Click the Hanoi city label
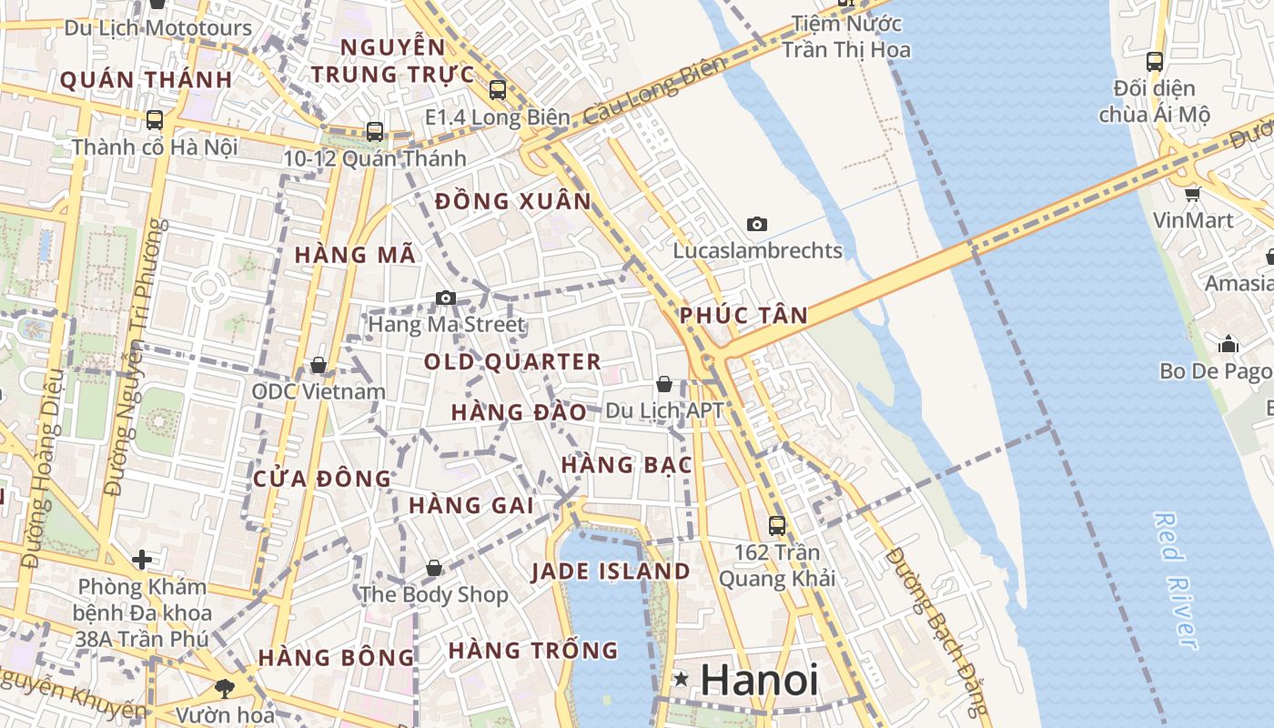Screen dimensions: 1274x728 tap(759, 680)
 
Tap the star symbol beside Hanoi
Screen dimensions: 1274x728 tap(681, 679)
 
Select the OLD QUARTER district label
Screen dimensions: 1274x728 tap(512, 361)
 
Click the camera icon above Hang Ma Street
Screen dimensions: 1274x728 tap(445, 298)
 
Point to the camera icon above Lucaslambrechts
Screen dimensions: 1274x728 tap(756, 224)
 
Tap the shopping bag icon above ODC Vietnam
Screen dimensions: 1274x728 tap(318, 365)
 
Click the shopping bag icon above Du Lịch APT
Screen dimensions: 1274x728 tap(664, 384)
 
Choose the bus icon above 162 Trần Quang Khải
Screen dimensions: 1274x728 tap(776, 525)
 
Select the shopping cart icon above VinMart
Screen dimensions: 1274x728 tap(1192, 194)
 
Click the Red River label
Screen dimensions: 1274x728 tap(1176, 580)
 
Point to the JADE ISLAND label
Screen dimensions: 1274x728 tap(611, 571)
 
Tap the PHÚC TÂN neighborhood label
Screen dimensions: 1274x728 tap(743, 316)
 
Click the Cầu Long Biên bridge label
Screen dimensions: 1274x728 tap(656, 90)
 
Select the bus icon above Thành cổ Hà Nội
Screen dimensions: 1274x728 tap(155, 119)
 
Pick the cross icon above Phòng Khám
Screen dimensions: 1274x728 tap(141, 559)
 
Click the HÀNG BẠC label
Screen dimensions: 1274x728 tap(626, 465)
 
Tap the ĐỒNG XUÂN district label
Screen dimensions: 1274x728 tap(513, 201)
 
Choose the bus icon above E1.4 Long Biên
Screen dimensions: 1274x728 tap(497, 90)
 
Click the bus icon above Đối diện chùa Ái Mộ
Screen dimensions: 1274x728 tap(1154, 62)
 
